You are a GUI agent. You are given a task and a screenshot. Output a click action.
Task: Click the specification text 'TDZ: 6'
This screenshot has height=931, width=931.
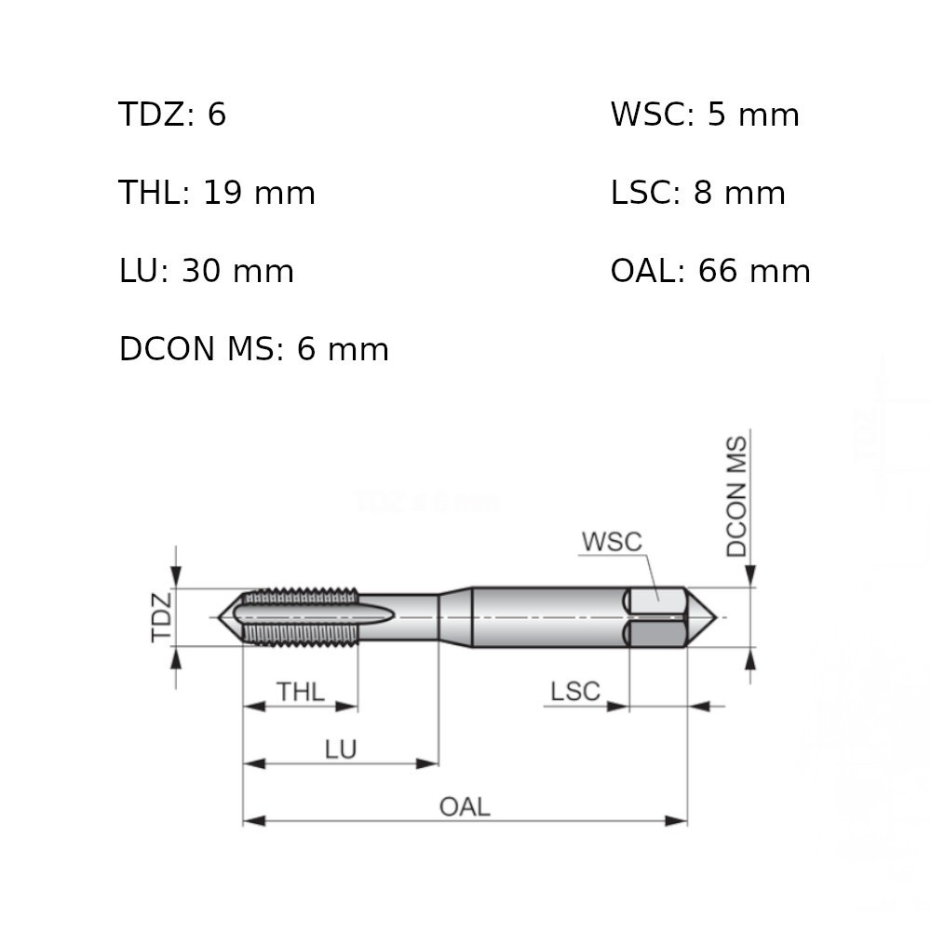(172, 114)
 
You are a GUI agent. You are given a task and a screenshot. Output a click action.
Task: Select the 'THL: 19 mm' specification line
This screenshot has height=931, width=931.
(217, 193)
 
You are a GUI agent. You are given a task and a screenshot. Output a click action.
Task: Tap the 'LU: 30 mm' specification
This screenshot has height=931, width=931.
(206, 271)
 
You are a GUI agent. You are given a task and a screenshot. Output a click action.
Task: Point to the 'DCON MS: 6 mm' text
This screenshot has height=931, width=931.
(253, 348)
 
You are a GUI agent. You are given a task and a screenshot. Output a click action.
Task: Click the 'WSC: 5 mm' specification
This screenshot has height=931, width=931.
(705, 114)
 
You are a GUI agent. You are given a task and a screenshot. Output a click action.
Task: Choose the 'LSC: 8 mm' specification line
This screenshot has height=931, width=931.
(697, 193)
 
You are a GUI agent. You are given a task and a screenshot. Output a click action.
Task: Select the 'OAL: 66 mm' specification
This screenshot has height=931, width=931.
(710, 271)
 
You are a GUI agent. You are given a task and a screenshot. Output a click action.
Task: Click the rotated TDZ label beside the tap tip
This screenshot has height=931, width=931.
(161, 617)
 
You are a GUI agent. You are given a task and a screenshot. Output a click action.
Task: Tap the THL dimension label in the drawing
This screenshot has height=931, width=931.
(301, 692)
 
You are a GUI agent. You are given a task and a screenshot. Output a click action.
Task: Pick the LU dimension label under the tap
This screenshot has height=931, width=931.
(341, 749)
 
